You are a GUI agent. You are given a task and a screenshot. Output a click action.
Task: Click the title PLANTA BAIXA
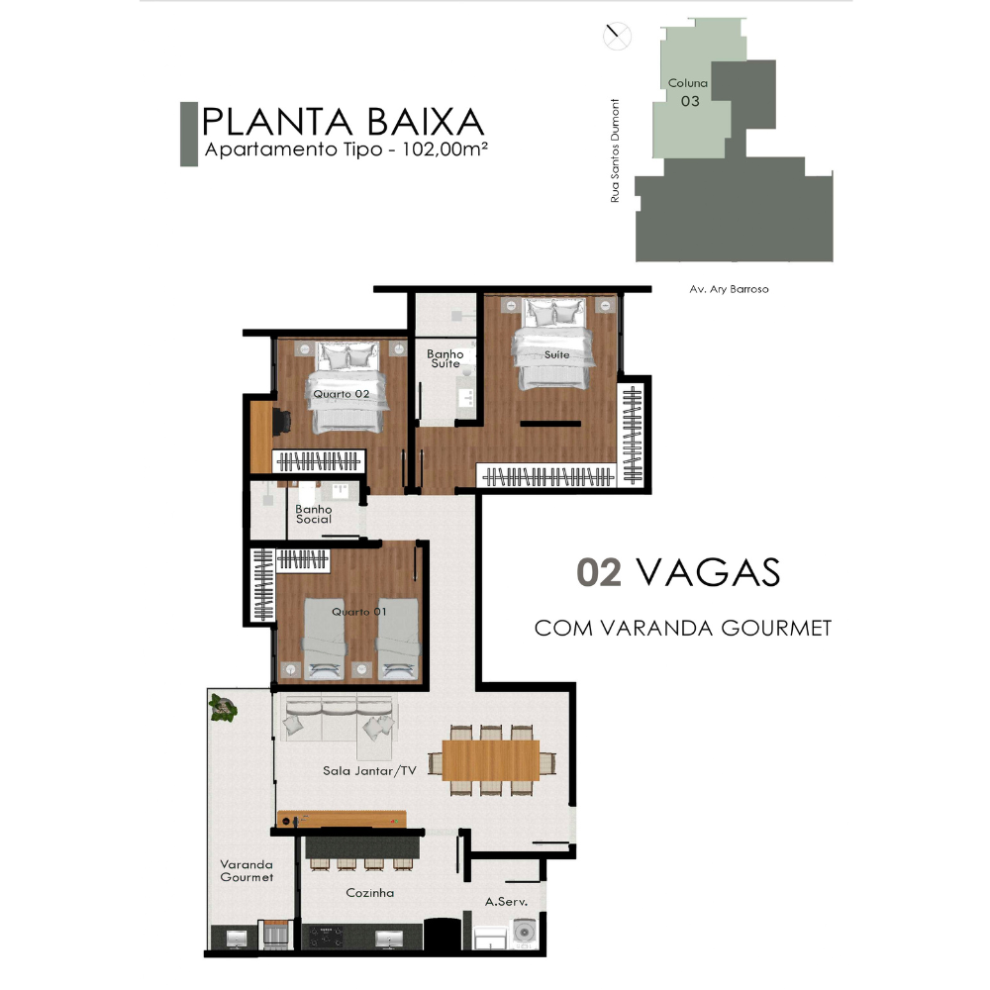(x=343, y=122)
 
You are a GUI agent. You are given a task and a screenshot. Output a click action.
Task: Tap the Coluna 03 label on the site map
(x=688, y=91)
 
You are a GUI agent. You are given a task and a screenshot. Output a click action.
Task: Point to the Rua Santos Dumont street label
(x=615, y=150)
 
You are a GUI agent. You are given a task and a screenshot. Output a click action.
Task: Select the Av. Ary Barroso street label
(x=730, y=289)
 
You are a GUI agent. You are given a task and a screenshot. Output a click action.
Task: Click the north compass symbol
(x=617, y=36)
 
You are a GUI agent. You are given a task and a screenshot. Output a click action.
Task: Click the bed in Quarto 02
(x=346, y=387)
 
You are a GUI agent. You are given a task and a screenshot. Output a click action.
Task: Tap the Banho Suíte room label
(x=445, y=358)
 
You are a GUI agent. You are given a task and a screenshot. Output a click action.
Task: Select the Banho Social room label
(x=314, y=514)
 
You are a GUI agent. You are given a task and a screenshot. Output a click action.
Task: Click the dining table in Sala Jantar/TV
(x=491, y=760)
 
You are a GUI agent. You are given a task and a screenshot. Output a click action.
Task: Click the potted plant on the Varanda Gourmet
(x=223, y=708)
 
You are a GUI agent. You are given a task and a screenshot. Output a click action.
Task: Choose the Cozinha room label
(x=370, y=893)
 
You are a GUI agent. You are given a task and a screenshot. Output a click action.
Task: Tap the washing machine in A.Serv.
(x=525, y=932)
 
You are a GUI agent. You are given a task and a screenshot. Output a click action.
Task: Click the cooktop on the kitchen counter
(x=325, y=937)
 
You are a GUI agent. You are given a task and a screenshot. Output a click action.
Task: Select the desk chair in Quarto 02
(x=281, y=422)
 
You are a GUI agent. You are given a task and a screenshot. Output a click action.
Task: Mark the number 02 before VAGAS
(x=599, y=572)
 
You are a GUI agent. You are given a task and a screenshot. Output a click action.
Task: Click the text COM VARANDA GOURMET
(x=683, y=629)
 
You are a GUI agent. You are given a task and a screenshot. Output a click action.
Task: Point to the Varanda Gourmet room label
(x=247, y=870)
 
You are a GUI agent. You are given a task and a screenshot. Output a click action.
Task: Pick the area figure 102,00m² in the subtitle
(x=445, y=149)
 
